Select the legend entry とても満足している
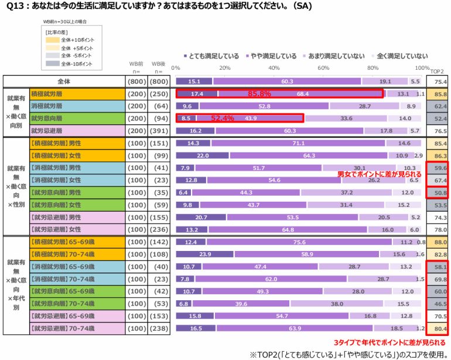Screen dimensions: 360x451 click(x=214, y=56)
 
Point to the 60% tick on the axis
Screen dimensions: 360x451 click(x=323, y=68)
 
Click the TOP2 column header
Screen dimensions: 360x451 click(x=437, y=71)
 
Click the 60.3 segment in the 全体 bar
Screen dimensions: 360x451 click(x=287, y=81)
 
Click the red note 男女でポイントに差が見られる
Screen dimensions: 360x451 click(x=380, y=174)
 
